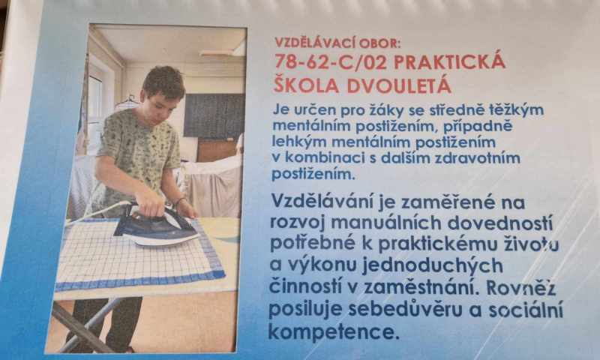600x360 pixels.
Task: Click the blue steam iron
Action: coord(156,226)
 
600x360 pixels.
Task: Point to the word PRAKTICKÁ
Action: coord(449,61)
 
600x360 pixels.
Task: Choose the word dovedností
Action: coord(500,223)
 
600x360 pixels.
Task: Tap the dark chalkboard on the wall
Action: coord(214,115)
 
